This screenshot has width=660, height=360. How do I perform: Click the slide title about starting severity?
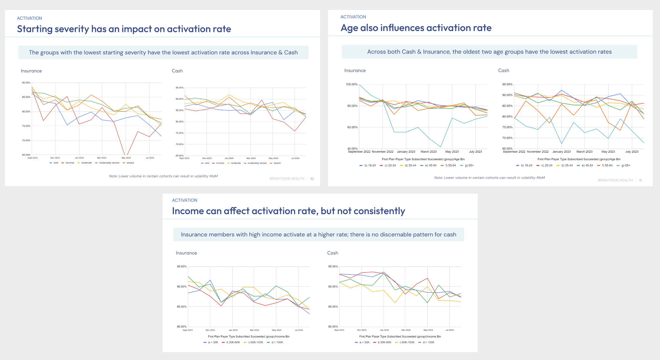(124, 29)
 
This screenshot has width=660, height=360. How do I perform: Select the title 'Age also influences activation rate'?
(416, 28)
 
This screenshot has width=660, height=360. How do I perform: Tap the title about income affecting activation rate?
(288, 211)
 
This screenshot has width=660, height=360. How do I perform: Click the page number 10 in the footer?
(312, 179)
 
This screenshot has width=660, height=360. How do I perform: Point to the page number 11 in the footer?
(640, 180)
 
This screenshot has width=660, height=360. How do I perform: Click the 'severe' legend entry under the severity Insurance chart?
(130, 163)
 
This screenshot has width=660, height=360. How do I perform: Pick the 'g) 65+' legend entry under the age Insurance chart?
(469, 166)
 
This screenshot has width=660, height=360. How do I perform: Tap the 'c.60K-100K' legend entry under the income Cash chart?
(407, 343)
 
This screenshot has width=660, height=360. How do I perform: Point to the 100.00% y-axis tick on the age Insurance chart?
(351, 85)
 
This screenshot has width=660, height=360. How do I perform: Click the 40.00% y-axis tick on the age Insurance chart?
(352, 149)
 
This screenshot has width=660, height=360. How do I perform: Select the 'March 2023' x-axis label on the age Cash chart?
(584, 152)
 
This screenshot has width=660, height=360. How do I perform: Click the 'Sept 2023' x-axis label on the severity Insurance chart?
(33, 158)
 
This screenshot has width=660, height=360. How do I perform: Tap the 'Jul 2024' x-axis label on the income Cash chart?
(449, 330)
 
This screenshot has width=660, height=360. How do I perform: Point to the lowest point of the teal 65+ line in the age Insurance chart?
(441, 147)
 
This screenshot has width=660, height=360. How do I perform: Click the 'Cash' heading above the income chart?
(332, 253)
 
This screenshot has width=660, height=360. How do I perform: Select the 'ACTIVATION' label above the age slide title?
(353, 17)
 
